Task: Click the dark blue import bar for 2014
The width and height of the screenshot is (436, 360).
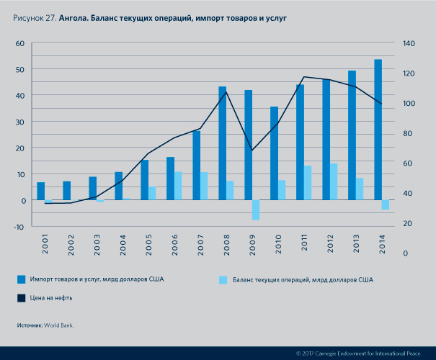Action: click(378, 130)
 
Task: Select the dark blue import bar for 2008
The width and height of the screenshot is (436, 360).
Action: click(223, 143)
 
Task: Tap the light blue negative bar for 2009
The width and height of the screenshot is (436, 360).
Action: click(256, 210)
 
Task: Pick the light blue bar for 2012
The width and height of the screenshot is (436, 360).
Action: click(334, 181)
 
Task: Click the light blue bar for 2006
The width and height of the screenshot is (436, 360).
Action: click(178, 186)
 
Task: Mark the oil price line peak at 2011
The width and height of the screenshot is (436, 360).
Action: click(304, 77)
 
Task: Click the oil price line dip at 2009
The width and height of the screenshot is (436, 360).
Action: click(252, 150)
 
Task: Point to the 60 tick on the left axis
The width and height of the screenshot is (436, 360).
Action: click(20, 43)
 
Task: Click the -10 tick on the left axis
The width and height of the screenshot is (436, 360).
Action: click(19, 227)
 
